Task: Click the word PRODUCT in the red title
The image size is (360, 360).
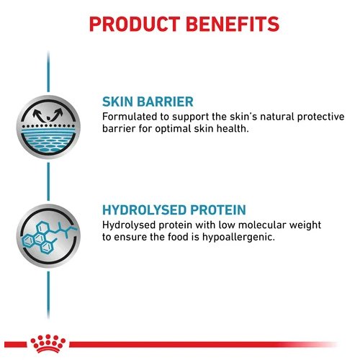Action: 135,24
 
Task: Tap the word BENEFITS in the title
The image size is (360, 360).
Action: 233,24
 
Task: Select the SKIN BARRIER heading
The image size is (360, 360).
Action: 148,102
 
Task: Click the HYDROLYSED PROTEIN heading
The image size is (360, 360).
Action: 174,210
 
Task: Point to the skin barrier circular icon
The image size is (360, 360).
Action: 48,127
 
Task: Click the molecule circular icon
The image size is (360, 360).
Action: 48,236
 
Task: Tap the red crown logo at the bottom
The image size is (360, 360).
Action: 48,344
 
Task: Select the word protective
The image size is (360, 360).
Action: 321,117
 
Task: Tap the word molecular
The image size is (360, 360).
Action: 262,225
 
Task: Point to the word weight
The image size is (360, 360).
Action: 305,226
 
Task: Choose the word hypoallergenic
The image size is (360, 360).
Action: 238,238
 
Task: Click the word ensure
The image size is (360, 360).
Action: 130,238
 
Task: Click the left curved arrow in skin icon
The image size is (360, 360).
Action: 39,115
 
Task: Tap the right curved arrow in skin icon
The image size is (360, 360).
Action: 57,114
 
